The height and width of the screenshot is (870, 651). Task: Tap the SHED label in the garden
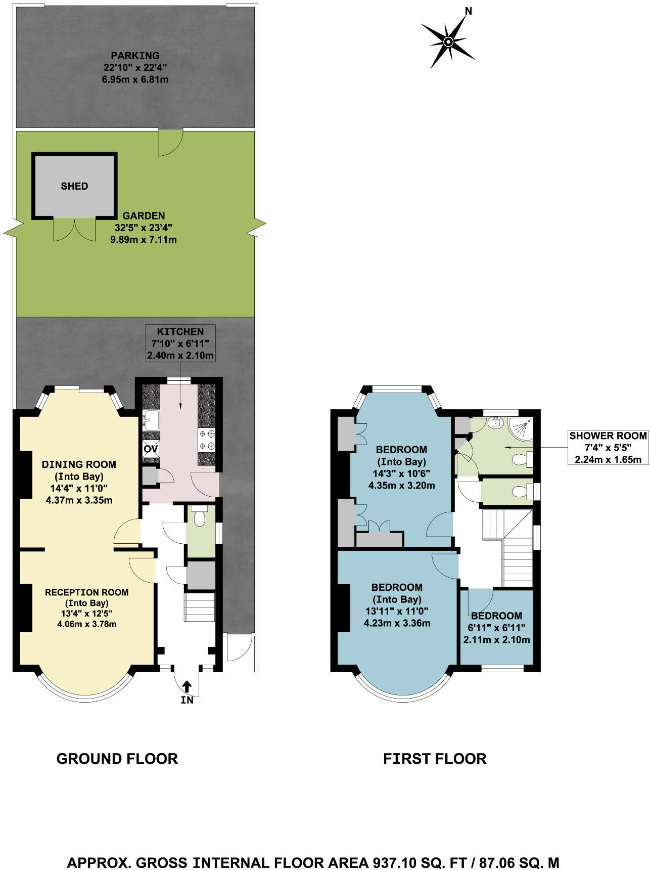[x=74, y=186]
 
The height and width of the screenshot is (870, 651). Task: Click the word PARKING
[x=135, y=56]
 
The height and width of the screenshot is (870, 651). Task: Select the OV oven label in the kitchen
[x=151, y=448]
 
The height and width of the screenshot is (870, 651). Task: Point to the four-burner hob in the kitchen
[x=206, y=440]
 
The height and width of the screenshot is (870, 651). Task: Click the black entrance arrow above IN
[x=187, y=686]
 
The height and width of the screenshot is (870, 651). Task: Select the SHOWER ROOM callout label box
[x=608, y=447]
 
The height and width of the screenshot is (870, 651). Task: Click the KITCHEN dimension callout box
[x=180, y=343]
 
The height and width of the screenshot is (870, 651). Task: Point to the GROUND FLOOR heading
[x=117, y=759]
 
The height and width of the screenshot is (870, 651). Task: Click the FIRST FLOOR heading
[x=434, y=759]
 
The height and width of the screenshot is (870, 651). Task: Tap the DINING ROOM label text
[x=79, y=464]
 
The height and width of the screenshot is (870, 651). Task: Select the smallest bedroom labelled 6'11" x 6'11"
[x=496, y=627]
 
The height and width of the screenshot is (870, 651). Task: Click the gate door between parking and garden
[x=170, y=142]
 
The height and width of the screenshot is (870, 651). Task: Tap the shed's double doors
[x=74, y=229]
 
